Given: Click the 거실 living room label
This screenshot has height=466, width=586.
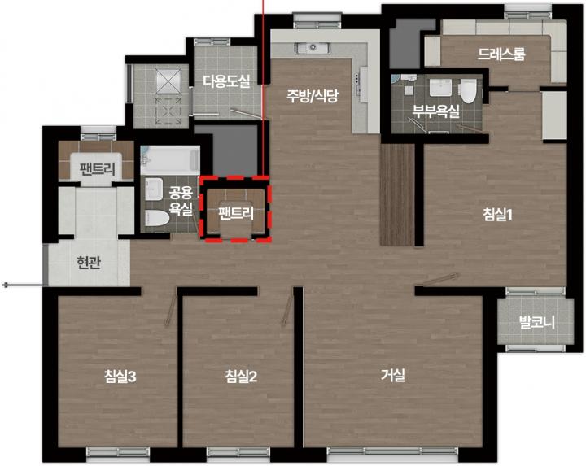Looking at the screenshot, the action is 393,375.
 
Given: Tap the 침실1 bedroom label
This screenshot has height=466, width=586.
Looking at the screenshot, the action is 497,215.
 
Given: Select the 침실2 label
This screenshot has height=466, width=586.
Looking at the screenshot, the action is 241,377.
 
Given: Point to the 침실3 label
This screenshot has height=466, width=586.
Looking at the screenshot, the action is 120,377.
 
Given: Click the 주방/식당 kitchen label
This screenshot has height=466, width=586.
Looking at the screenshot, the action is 313,96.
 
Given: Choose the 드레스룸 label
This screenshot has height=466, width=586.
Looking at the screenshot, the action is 501,54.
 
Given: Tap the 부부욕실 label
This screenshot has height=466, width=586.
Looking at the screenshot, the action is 435,111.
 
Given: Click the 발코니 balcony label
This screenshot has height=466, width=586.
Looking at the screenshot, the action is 536,322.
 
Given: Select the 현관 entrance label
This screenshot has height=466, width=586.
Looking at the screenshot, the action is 89,263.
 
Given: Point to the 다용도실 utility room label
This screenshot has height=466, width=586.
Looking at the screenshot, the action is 227,81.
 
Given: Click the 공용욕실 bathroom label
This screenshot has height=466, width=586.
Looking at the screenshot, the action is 181,200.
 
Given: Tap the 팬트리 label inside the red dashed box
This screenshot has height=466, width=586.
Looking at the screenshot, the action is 236,213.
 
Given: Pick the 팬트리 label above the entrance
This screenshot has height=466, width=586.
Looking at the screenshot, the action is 97,169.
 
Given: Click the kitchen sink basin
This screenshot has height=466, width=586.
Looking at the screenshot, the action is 313,48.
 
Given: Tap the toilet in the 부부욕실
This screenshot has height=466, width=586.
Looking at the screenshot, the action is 467,91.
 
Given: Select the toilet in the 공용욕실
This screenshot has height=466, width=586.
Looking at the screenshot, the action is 156,218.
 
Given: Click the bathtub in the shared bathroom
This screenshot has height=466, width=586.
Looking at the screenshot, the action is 170,160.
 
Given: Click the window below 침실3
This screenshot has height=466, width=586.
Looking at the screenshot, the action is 118,452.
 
